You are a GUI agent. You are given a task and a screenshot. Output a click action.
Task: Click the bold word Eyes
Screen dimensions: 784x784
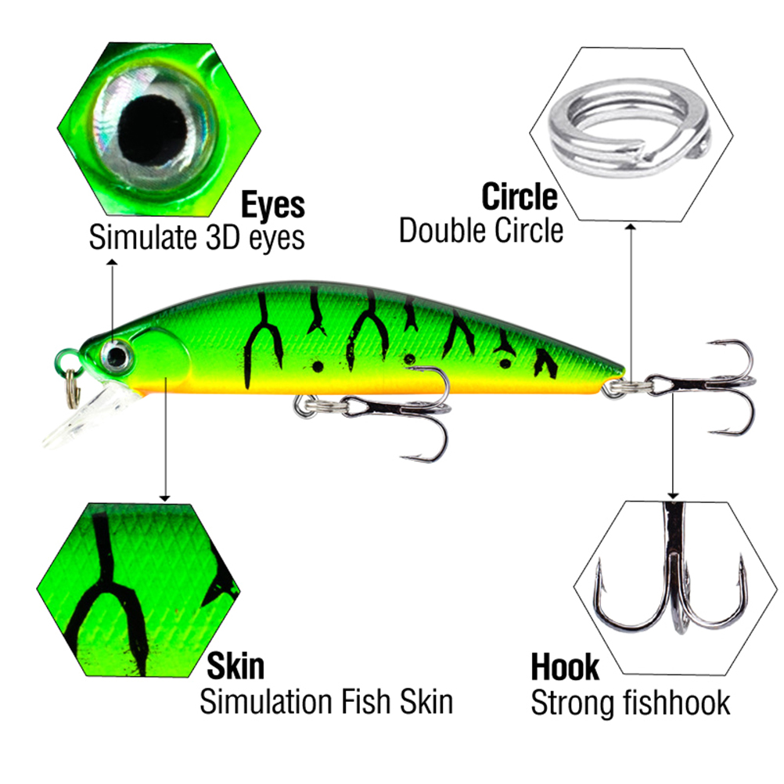pyautogui.click(x=272, y=205)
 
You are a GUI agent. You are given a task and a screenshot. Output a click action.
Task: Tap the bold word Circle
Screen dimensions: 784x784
pyautogui.click(x=520, y=196)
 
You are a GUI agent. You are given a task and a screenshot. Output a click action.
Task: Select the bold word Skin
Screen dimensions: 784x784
pyautogui.click(x=235, y=667)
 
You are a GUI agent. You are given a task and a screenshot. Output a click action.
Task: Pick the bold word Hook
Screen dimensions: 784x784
pyautogui.click(x=565, y=667)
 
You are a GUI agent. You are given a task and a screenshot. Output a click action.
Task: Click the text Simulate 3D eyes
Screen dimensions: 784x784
pyautogui.click(x=196, y=237)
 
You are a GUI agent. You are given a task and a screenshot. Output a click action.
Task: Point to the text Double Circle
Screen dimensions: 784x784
pyautogui.click(x=481, y=230)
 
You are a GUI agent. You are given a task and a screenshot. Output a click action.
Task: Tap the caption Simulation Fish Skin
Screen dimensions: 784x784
pyautogui.click(x=326, y=701)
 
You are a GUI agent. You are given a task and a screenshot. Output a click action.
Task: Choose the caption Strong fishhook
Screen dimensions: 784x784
pyautogui.click(x=630, y=702)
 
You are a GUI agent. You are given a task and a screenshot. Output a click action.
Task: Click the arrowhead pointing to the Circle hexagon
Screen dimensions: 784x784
pyautogui.click(x=631, y=227)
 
